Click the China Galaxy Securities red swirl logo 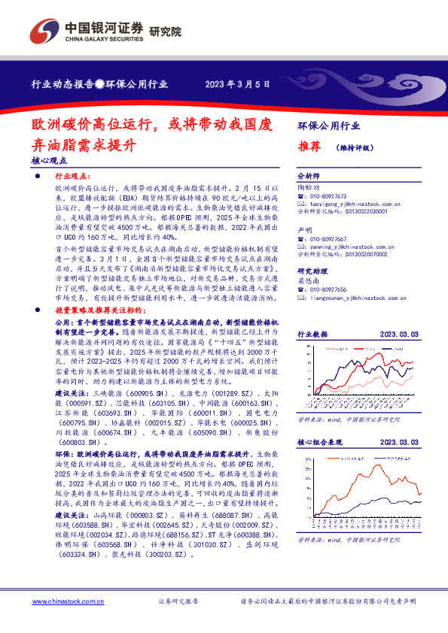point(44,32)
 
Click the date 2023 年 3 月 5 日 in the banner point(237,84)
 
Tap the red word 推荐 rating point(309,147)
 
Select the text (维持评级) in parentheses point(355,148)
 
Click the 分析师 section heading point(309,174)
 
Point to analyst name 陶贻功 point(309,186)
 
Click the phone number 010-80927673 point(332,195)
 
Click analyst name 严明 point(304,229)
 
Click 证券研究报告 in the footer point(178,601)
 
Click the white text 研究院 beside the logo point(165,32)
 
